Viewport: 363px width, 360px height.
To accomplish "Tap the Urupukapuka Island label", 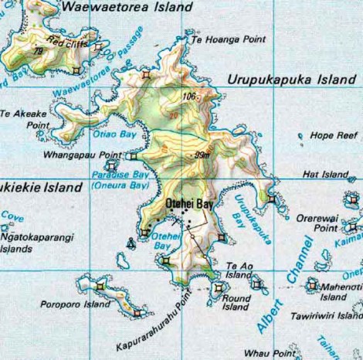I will tap(291, 80).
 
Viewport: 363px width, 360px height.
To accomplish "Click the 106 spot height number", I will tap(189, 97).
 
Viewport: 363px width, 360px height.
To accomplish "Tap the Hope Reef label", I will tap(331, 135).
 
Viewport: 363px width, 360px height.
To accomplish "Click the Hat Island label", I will tap(327, 175).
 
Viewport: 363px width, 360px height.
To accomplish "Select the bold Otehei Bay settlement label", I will tap(188, 203).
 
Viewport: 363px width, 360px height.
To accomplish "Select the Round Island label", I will tap(235, 301).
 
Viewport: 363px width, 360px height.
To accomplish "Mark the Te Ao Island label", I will tap(238, 271).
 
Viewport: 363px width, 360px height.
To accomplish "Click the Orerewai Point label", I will tap(316, 223).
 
